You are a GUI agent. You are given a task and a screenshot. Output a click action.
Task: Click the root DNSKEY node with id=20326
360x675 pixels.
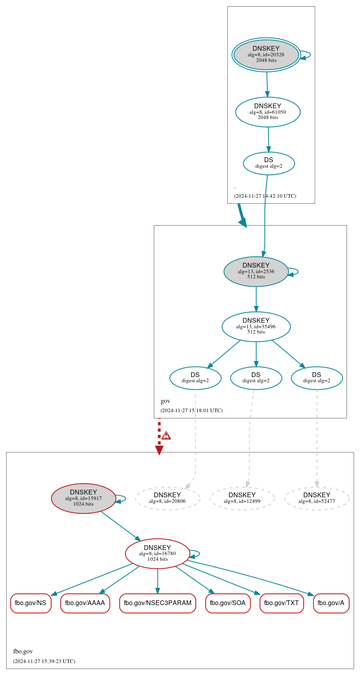266,55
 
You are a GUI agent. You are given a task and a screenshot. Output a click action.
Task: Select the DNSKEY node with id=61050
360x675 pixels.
268,112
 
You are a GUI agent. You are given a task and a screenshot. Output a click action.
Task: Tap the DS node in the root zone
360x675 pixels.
269,163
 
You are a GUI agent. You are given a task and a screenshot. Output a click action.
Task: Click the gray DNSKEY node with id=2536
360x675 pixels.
256,271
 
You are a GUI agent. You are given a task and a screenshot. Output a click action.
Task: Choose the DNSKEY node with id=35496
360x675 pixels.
256,326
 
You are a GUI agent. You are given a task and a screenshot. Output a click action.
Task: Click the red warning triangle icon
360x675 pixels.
166,435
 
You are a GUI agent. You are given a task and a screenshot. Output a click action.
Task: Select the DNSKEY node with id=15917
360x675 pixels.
84,498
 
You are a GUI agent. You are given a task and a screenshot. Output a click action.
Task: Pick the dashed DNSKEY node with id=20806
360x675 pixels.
167,498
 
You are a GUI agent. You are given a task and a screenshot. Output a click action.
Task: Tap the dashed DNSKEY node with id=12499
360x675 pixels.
242,498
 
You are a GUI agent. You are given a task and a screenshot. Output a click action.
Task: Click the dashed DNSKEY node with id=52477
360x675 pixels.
317,498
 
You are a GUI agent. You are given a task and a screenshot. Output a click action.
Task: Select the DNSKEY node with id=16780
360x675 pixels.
157,553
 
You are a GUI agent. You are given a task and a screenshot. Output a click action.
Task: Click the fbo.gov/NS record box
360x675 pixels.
31,603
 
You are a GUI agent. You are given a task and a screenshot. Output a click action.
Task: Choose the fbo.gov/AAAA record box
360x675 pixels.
85,603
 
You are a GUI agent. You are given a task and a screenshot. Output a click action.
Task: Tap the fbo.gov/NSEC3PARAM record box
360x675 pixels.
157,603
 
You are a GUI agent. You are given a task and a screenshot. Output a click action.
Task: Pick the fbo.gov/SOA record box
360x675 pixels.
228,603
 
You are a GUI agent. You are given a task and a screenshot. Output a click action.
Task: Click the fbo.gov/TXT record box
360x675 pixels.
282,603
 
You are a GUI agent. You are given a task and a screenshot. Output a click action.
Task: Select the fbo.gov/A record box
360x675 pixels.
331,603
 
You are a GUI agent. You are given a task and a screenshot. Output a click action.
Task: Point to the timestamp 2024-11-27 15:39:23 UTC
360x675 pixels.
44,661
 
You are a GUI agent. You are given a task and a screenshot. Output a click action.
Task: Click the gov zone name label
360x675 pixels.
165,401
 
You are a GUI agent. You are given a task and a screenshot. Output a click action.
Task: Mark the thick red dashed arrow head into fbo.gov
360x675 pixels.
159,450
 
